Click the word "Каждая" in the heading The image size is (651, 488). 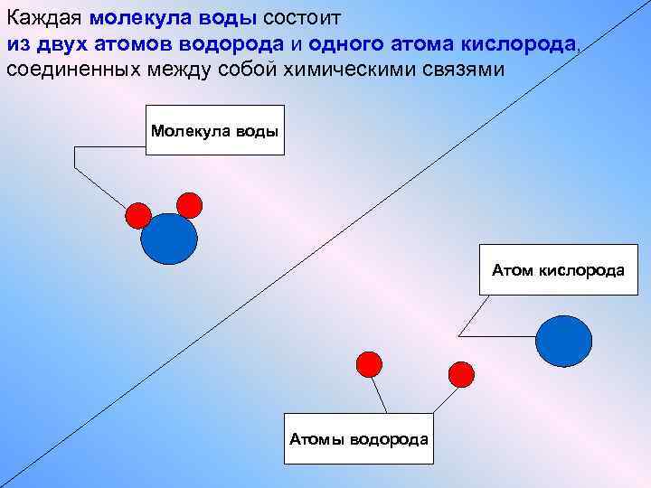[x=46, y=18]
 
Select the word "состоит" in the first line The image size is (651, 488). [x=299, y=19]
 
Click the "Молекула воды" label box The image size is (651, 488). [x=214, y=130]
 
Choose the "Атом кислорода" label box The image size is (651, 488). [x=557, y=269]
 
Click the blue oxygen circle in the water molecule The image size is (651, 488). [x=169, y=238]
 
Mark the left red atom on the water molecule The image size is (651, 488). [x=137, y=214]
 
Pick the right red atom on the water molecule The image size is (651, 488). [x=189, y=204]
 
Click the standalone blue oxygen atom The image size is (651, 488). [x=564, y=341]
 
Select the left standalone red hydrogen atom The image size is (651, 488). [x=369, y=363]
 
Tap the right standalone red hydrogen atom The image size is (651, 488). [x=461, y=373]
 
